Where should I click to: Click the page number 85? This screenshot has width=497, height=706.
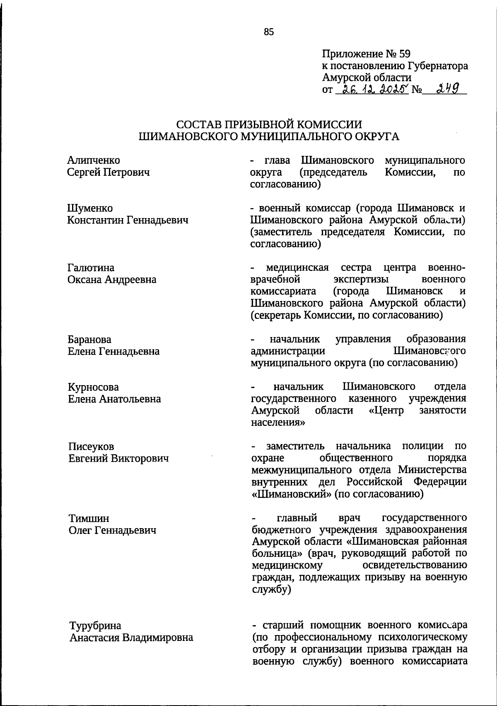click(x=269, y=32)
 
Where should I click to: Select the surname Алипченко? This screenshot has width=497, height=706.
click(x=94, y=160)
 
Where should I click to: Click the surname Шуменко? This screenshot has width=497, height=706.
click(x=90, y=208)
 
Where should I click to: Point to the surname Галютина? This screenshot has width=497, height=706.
click(x=91, y=268)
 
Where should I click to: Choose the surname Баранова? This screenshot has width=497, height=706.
click(x=89, y=340)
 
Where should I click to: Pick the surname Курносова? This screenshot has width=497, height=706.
click(x=93, y=387)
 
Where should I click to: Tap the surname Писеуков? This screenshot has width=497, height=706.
click(x=91, y=447)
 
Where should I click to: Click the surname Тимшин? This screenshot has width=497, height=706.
click(x=89, y=519)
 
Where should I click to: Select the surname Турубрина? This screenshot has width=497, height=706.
click(x=95, y=626)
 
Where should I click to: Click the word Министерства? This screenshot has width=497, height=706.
click(x=432, y=470)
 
